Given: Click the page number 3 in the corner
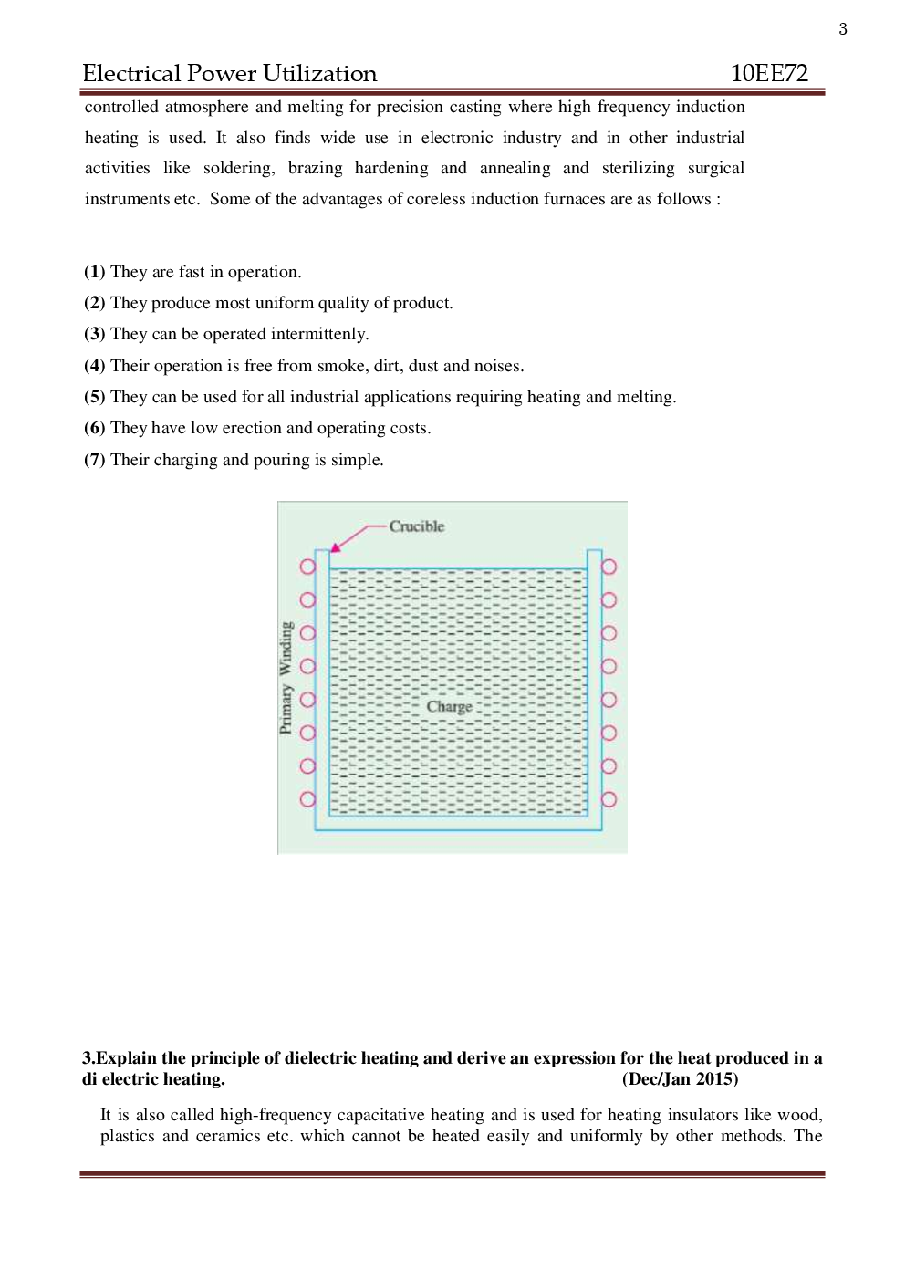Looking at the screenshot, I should click(843, 29).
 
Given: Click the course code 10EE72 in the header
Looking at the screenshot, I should click(769, 74).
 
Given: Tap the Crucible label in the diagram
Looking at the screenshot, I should click(417, 526).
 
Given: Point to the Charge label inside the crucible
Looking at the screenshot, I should click(450, 706).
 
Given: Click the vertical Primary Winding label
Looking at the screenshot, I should click(286, 678).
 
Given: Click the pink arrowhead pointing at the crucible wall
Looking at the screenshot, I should click(336, 546).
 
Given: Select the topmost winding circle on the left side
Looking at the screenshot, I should click(307, 567).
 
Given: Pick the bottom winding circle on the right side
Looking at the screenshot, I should click(609, 799).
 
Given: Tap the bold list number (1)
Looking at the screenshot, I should click(95, 272).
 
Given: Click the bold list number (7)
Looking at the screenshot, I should click(95, 460).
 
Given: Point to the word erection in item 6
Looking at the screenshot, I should click(252, 428).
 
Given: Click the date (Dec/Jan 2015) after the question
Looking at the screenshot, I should click(680, 1079).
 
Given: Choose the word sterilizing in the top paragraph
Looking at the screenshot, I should click(638, 168).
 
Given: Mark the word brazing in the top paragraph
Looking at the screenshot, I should click(315, 168).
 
